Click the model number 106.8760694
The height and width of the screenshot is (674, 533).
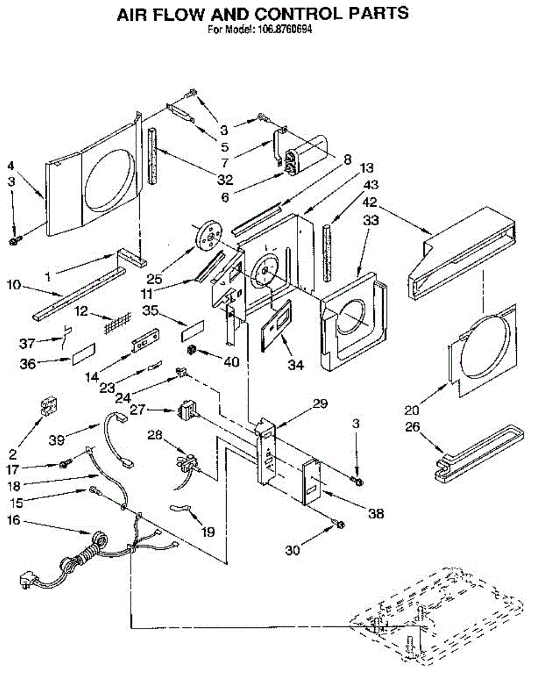click(x=284, y=30)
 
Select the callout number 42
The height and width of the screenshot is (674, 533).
click(x=370, y=202)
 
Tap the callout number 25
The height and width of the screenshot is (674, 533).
click(x=155, y=279)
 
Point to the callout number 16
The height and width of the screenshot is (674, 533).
click(x=14, y=521)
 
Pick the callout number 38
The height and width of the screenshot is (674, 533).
click(x=376, y=513)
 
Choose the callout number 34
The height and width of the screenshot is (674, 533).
click(x=296, y=365)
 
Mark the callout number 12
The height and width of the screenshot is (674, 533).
click(x=81, y=311)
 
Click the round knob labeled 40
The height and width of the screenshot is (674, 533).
click(x=191, y=350)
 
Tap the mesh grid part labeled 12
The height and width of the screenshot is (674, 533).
click(x=117, y=323)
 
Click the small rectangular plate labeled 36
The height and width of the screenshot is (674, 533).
click(x=84, y=354)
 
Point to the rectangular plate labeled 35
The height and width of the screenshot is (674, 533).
click(x=192, y=330)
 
